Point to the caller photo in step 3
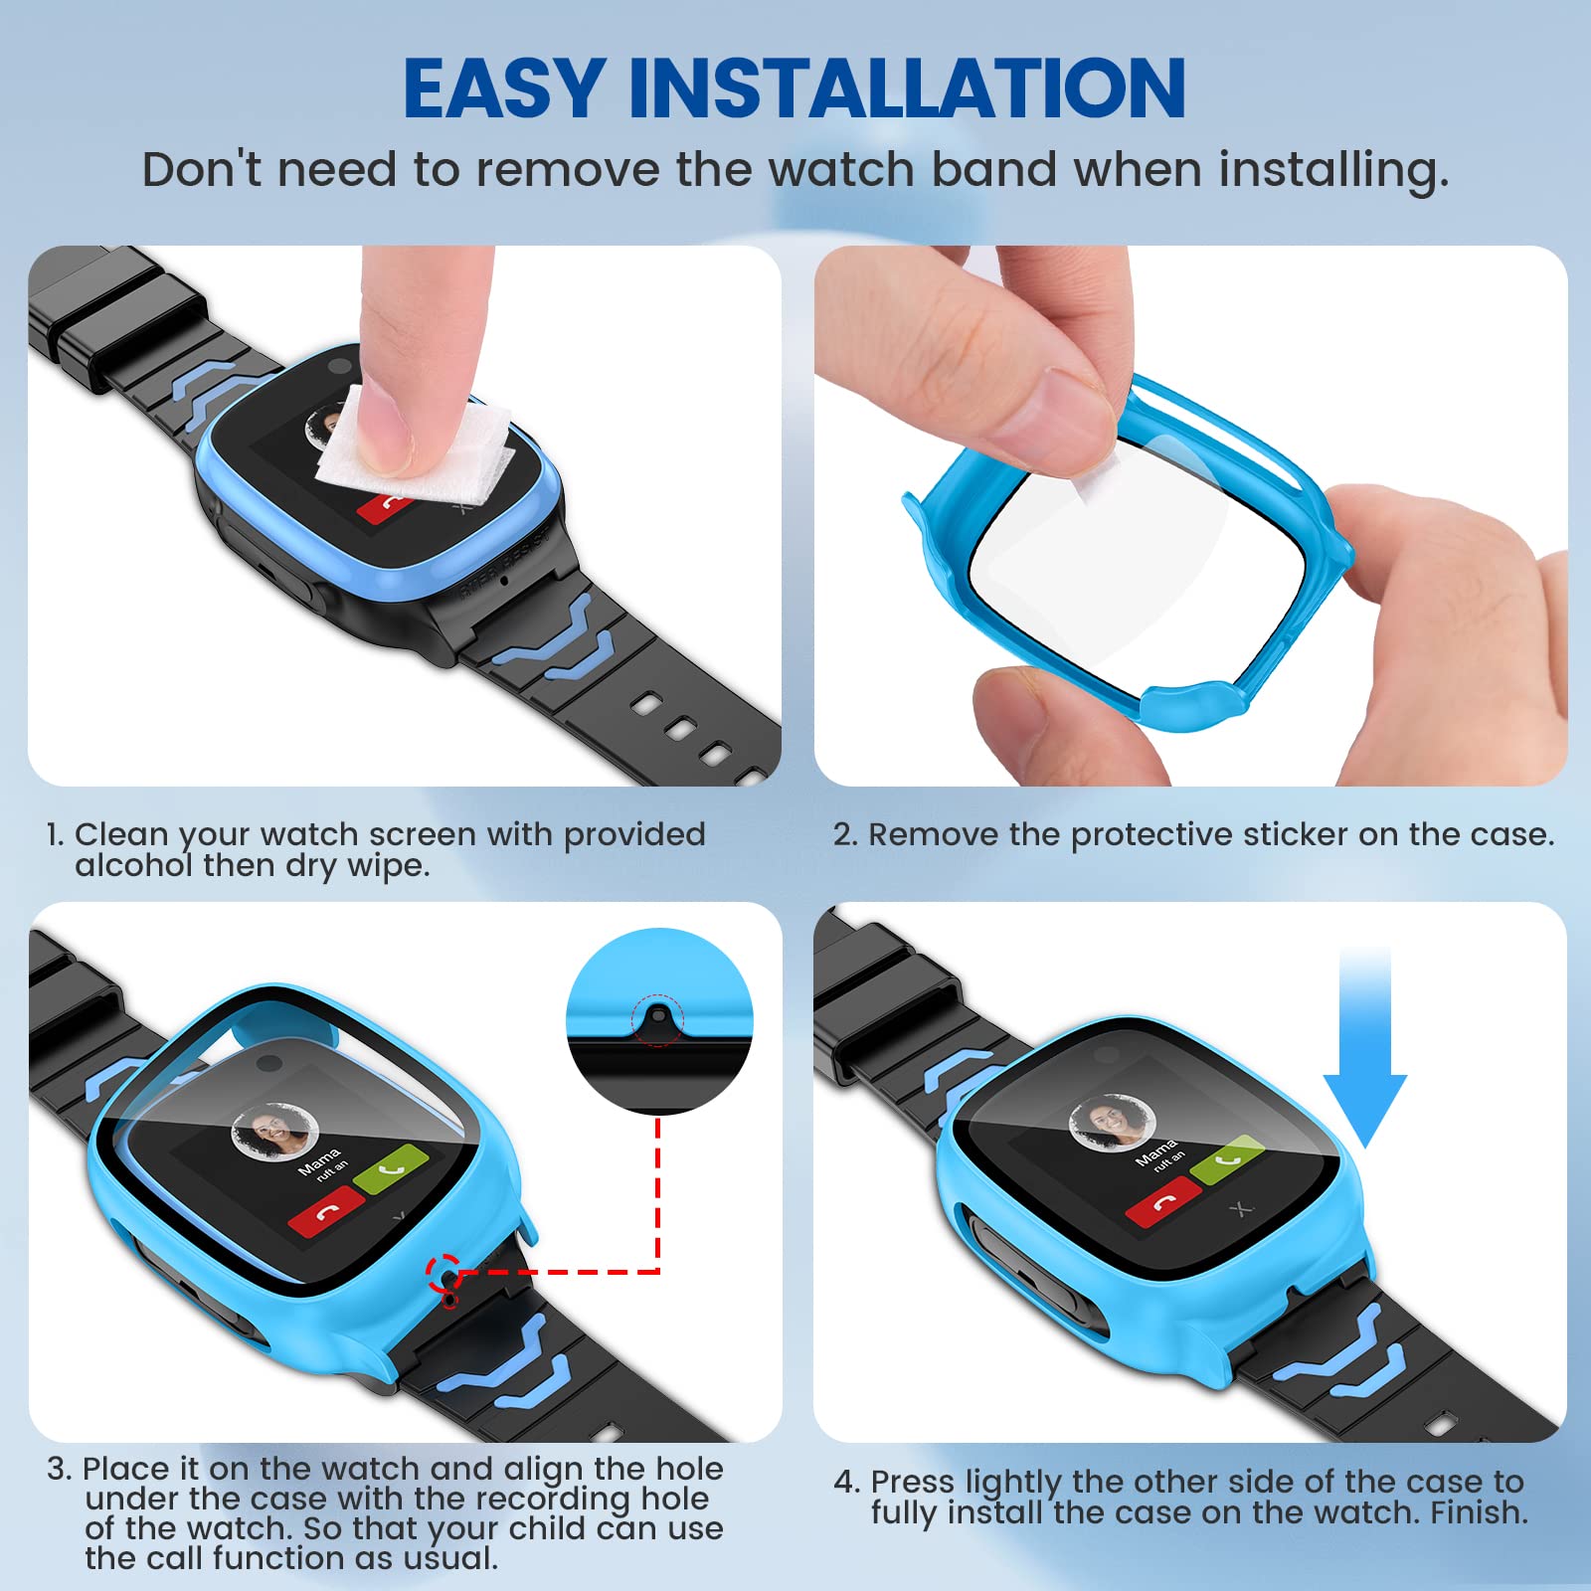click(x=274, y=1132)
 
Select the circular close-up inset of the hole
click(x=659, y=1021)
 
